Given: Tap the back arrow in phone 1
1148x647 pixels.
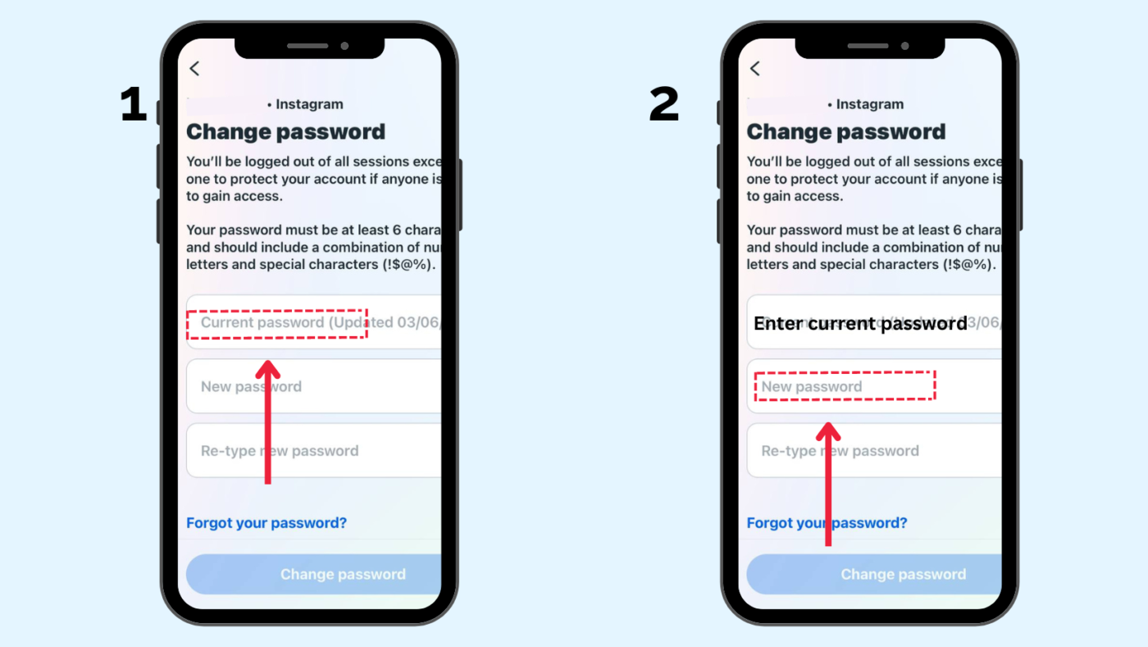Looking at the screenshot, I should coord(194,69).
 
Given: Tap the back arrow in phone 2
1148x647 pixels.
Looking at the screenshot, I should coord(755,69).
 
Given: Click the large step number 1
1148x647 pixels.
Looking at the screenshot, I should coord(133,106).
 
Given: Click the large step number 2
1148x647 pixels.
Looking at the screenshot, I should coord(664,106).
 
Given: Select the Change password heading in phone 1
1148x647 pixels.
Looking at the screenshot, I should coord(285,132).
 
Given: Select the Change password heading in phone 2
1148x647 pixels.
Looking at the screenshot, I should coord(846,132).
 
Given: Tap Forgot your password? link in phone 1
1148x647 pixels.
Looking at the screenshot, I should coord(266,523).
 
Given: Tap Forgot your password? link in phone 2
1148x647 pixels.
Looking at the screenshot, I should coord(827,523).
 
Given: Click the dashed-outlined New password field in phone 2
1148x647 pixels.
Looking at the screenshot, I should coord(845,386).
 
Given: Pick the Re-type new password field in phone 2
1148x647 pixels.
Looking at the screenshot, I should coord(874,451).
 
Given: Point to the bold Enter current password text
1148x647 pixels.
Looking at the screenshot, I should coord(860,324).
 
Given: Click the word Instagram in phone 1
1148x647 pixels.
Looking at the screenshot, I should coord(309,104).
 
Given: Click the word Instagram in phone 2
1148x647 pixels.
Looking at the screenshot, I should coord(870,104).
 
